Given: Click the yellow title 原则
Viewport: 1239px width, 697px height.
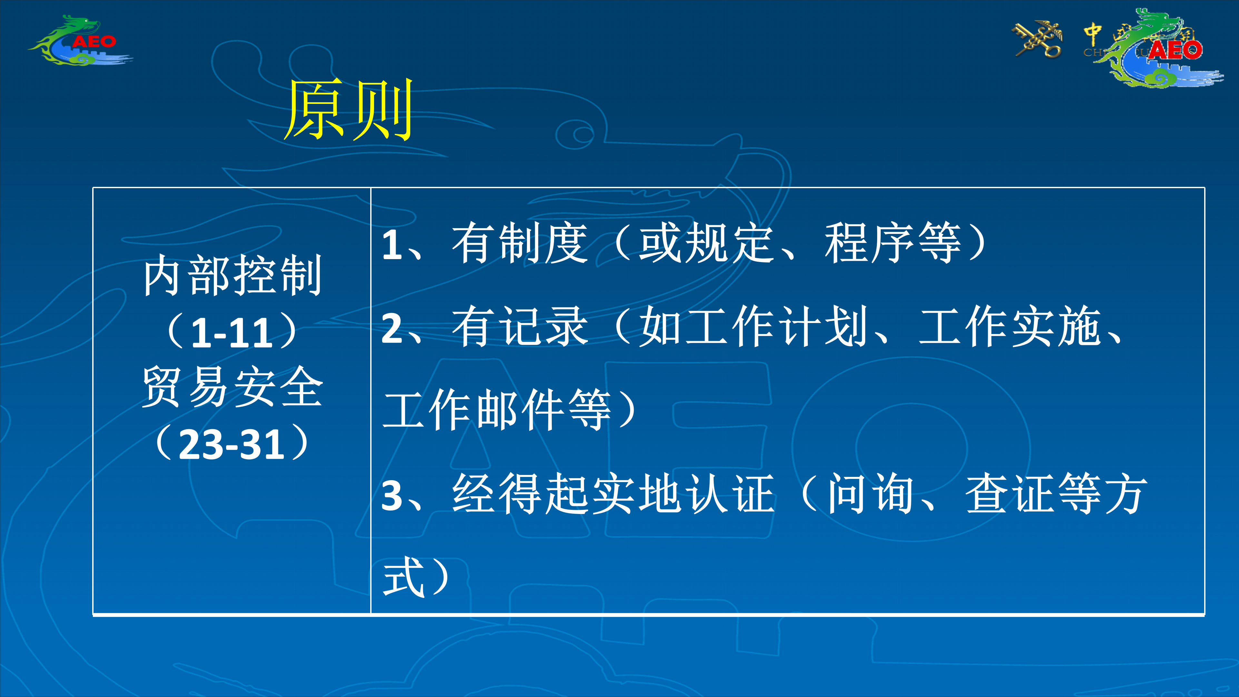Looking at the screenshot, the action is [x=349, y=110].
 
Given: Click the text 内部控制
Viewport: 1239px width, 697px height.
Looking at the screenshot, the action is [x=232, y=275].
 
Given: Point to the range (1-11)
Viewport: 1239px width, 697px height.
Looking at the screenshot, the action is [x=232, y=332].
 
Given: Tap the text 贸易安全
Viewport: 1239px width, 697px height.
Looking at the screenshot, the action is [x=232, y=387].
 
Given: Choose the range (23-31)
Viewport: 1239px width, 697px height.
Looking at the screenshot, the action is [x=232, y=443].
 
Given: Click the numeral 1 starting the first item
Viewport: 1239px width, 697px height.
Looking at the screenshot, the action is [x=392, y=245].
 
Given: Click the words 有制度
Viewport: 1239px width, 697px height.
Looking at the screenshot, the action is [x=520, y=243].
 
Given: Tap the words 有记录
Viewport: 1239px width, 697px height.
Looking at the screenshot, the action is [x=520, y=327].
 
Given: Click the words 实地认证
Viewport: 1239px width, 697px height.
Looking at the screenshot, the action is [x=683, y=494].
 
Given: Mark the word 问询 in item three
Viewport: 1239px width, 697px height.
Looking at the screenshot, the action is [x=871, y=494].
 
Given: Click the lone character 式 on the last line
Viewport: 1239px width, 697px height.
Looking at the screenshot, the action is [x=403, y=577].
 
